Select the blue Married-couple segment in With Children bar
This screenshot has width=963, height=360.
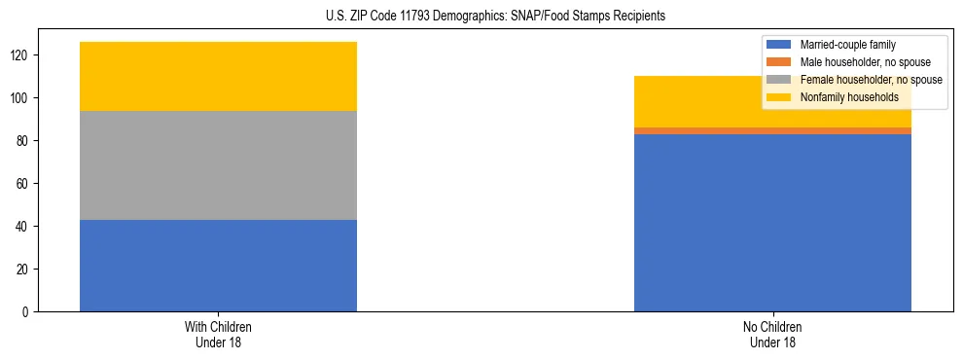click(x=218, y=266)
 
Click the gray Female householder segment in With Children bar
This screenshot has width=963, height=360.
click(x=218, y=165)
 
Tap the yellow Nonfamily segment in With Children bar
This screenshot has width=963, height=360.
click(x=218, y=76)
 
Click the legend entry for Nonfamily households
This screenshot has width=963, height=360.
click(x=842, y=97)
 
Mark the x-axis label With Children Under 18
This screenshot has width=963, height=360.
click(x=218, y=334)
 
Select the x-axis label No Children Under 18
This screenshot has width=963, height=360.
click(x=772, y=334)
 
